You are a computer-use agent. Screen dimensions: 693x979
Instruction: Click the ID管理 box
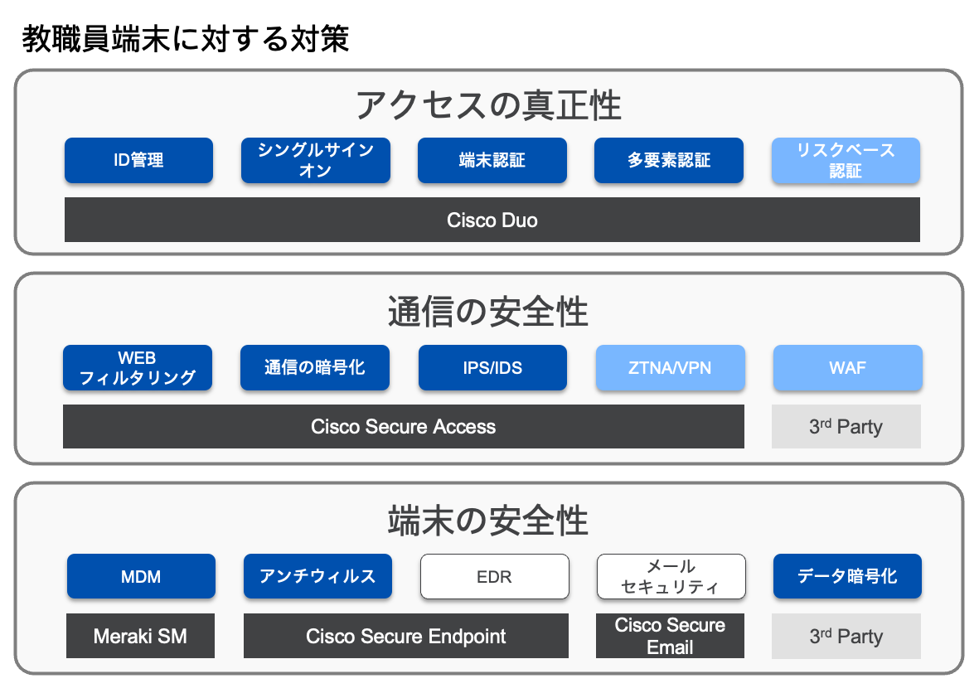tap(138, 160)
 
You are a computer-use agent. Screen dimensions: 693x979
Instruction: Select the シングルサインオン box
tap(315, 160)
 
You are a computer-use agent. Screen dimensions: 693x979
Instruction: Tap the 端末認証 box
tap(492, 160)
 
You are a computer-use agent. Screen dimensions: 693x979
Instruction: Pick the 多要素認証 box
tap(668, 160)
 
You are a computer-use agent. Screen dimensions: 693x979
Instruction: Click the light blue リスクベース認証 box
tap(846, 160)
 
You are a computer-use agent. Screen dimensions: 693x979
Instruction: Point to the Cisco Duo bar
tap(492, 220)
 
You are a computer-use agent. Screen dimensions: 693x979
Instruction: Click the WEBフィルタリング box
tap(138, 367)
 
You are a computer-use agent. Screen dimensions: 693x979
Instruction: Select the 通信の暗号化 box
tap(314, 367)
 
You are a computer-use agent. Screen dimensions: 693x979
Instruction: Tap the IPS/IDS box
tap(492, 367)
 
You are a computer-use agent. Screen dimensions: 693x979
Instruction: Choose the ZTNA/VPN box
tap(670, 367)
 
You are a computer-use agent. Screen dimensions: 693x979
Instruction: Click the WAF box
tap(847, 367)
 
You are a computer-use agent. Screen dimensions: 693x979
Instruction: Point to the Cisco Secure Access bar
tap(403, 426)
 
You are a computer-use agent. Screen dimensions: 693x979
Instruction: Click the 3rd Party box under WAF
tap(846, 426)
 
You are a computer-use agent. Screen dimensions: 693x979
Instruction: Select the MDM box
tap(140, 576)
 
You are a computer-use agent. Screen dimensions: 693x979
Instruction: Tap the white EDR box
tap(494, 576)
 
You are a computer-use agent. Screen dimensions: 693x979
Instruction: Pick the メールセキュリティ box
tap(671, 576)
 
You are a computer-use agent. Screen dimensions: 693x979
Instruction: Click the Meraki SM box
tap(140, 636)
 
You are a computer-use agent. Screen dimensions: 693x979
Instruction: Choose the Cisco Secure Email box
tap(670, 636)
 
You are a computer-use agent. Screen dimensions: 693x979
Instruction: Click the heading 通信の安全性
tap(488, 313)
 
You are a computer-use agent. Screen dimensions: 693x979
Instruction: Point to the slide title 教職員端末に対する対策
tap(186, 38)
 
